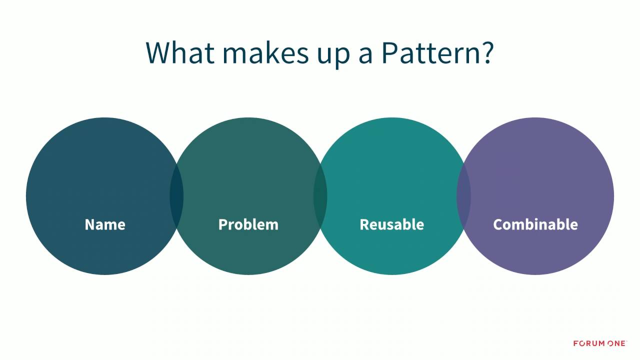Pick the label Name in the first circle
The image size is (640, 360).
(105, 224)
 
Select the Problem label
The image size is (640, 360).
(248, 224)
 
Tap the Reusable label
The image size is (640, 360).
(391, 224)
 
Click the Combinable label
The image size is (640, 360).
(535, 224)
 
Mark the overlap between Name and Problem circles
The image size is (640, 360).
(176, 196)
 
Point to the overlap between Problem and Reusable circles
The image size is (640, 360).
(320, 196)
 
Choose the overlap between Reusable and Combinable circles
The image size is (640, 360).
(463, 196)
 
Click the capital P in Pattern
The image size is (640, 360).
(389, 52)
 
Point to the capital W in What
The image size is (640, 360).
(159, 52)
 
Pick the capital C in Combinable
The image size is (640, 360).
(498, 224)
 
